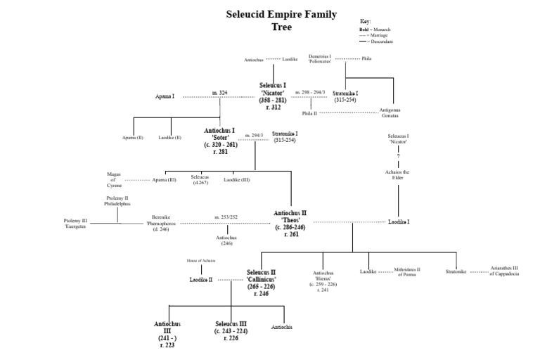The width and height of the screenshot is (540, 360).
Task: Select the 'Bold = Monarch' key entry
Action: [x=373, y=30]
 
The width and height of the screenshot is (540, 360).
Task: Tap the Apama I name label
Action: [x=165, y=96]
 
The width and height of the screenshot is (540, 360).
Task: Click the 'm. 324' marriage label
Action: [x=219, y=93]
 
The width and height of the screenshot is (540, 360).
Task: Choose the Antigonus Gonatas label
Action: [x=393, y=112]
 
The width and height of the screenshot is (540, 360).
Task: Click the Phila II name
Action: [x=309, y=112]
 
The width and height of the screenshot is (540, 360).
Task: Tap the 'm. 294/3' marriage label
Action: [x=253, y=135]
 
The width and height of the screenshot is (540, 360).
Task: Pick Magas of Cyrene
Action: [x=114, y=179]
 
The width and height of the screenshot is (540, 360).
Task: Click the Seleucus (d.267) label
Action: [x=201, y=179]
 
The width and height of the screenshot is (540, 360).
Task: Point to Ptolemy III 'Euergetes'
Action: [x=76, y=224]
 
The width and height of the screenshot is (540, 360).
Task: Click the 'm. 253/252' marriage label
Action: [x=226, y=217]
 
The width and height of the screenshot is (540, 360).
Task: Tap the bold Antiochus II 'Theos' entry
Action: [x=290, y=223]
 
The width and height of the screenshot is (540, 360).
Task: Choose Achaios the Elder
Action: [x=398, y=174]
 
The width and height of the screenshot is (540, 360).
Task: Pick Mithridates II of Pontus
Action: [x=408, y=272]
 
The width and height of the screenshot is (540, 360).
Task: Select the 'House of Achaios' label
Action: [x=201, y=260]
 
